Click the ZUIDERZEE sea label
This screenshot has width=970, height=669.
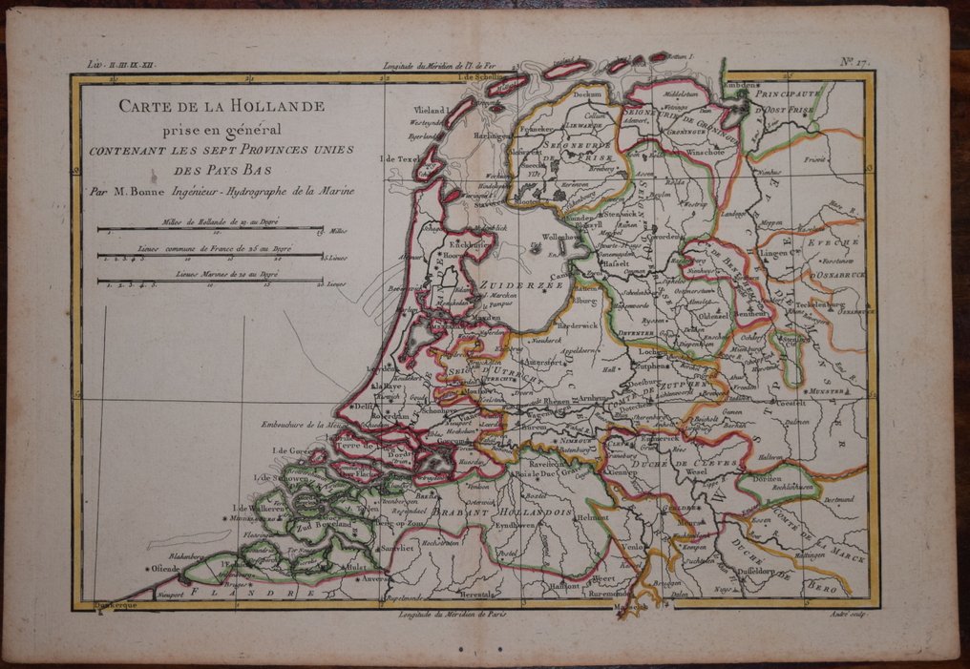[x=516, y=284]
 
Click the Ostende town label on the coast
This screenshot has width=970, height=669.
[x=160, y=569]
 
